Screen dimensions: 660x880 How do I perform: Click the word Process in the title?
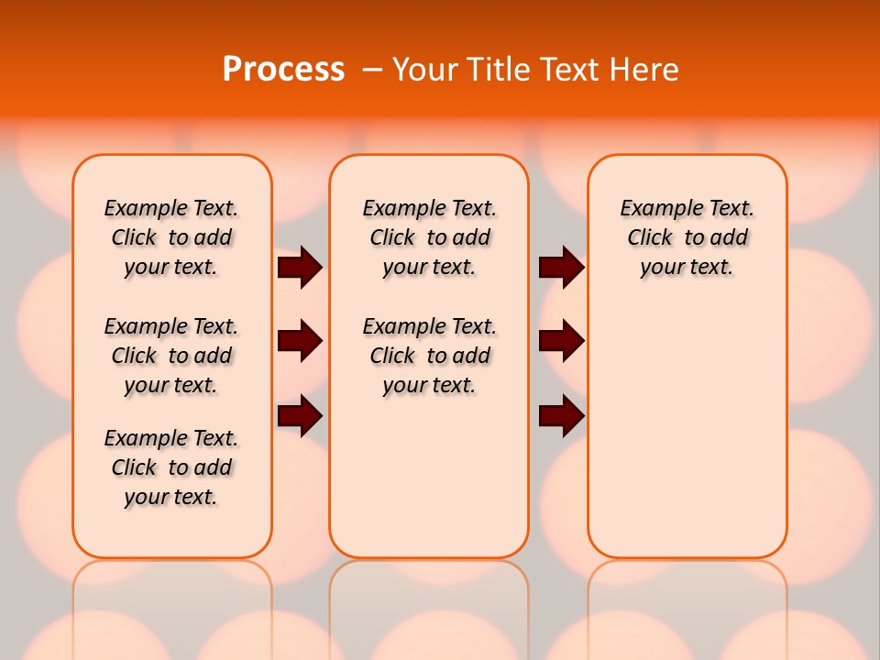[283, 70]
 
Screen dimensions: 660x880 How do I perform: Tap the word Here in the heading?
[646, 70]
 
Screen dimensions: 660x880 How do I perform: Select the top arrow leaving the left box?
[300, 268]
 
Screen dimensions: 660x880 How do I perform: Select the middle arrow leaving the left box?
[300, 342]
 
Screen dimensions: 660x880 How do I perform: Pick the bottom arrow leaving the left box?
[300, 415]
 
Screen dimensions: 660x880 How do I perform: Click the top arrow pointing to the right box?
[561, 268]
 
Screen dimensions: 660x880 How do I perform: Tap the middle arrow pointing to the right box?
[561, 342]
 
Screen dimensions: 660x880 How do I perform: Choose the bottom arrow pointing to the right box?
[561, 415]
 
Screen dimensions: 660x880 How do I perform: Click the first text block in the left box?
[171, 237]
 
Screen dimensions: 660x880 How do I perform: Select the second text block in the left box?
[171, 356]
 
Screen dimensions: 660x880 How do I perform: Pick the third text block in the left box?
[171, 467]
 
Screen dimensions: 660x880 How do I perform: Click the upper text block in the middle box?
[429, 237]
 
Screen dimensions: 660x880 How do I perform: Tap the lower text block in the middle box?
[429, 356]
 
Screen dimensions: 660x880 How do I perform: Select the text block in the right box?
[687, 237]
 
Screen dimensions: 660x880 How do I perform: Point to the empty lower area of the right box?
[687, 431]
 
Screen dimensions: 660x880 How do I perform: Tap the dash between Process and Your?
[372, 71]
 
